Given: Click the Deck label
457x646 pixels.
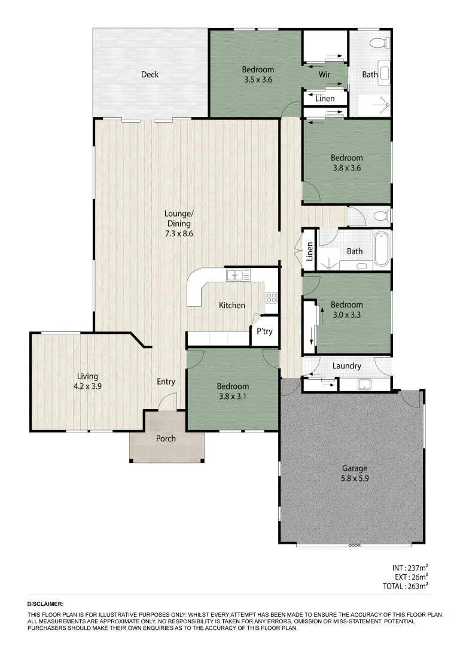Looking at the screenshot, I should (x=150, y=75).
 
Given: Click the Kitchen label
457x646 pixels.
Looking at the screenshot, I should (x=232, y=305).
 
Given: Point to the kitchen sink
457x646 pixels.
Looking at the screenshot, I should (x=237, y=275).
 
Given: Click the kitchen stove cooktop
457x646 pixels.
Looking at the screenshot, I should (x=271, y=297).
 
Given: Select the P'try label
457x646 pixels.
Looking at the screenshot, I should (x=264, y=331).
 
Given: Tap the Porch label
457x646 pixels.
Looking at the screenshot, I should (x=166, y=438).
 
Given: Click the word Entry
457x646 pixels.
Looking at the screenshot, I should (x=166, y=382).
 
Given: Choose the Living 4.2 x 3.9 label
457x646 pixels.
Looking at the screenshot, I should (x=87, y=381).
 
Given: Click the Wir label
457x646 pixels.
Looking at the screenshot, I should (x=325, y=75).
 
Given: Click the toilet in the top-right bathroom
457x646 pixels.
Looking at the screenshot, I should (x=378, y=43).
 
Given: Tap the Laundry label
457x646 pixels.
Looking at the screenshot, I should (x=346, y=366).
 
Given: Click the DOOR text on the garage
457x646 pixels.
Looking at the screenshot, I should (x=354, y=546).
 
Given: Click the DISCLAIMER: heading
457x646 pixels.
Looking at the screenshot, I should (x=45, y=605).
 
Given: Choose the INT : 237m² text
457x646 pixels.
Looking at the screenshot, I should (x=410, y=568).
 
